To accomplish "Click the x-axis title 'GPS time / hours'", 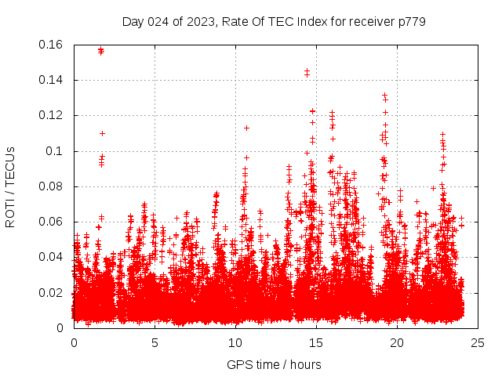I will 274,364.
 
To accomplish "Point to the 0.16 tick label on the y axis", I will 52,45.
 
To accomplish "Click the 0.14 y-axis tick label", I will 52,80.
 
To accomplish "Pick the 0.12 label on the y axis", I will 52,115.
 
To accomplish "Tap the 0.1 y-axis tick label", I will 56,151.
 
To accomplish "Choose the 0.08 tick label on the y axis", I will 52,186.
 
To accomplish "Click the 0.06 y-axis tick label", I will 52,222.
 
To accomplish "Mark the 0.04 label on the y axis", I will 52,257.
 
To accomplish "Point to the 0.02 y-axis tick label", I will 52,293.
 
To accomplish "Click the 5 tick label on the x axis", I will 155,342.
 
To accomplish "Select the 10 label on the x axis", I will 235,342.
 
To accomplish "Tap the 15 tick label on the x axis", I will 316,342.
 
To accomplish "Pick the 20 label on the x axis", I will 397,342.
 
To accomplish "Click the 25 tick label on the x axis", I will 478,342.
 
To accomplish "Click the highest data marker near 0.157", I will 100,49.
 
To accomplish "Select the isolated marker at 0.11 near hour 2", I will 102,133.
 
